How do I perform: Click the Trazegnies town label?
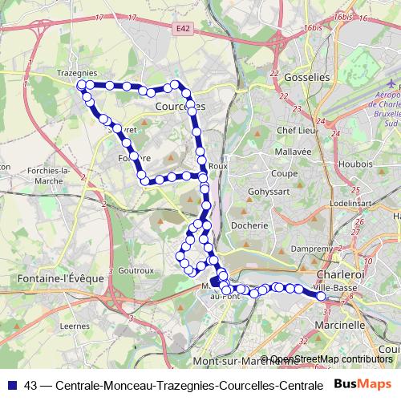point(76,73)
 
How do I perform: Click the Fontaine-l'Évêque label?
point(50,277)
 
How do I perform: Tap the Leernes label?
point(75,326)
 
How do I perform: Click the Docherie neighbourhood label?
point(248,225)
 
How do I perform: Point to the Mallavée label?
point(291,151)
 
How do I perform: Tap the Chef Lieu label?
point(294,129)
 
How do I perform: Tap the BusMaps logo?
point(363,384)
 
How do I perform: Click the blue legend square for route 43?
point(10,385)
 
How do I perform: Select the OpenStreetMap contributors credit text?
point(330,359)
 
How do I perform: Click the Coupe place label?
point(284,172)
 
